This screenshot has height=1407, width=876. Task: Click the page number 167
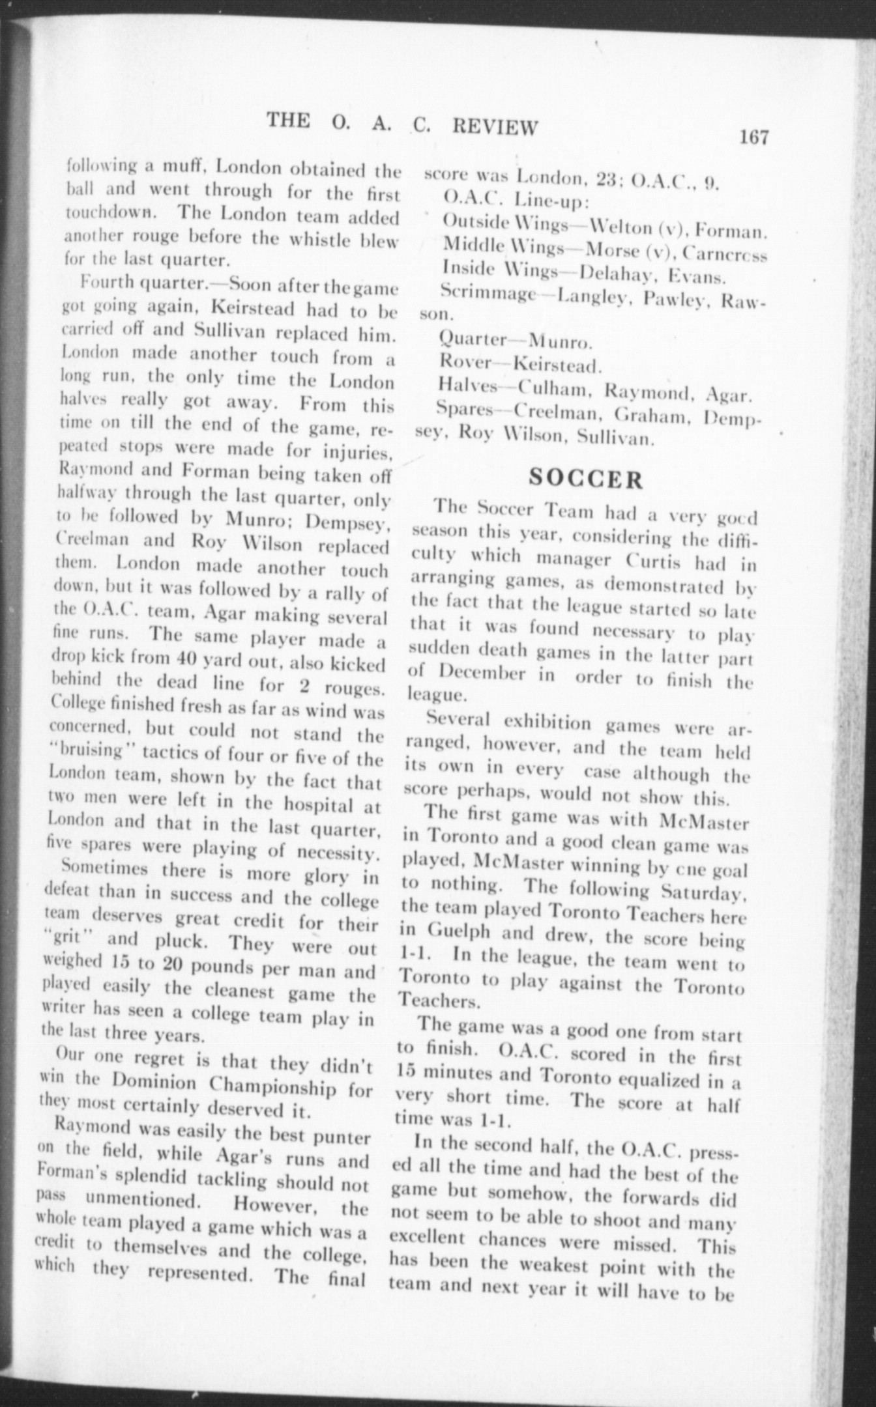pos(754,137)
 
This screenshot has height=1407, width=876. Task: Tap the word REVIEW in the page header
pos(495,126)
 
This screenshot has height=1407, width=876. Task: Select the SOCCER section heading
pos(586,479)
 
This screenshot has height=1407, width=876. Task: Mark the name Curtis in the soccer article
pos(654,560)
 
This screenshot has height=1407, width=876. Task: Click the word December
pos(482,672)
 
